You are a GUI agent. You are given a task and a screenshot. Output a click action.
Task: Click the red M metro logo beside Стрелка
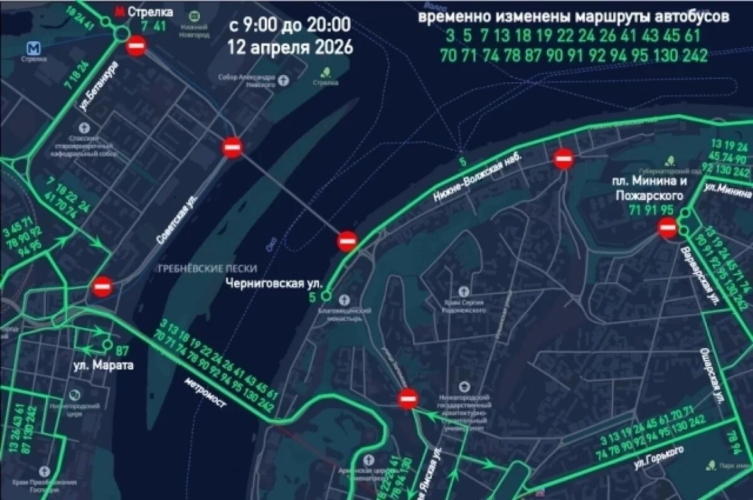pos(119,11)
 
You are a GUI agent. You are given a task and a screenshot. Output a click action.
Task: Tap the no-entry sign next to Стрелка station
pos(136,46)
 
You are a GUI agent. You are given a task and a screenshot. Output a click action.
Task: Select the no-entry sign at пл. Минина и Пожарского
pos(668,228)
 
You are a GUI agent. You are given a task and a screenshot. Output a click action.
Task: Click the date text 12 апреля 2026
pos(290,47)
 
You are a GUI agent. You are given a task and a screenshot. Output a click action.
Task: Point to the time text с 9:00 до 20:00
pos(289,26)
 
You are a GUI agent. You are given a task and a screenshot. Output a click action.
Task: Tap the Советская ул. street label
pos(176,217)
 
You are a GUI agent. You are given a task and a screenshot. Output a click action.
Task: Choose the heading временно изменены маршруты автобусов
pos(574,17)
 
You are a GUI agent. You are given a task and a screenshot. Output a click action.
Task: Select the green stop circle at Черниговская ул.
pos(326,295)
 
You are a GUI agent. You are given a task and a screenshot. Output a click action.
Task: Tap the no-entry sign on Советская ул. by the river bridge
pos(232,148)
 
